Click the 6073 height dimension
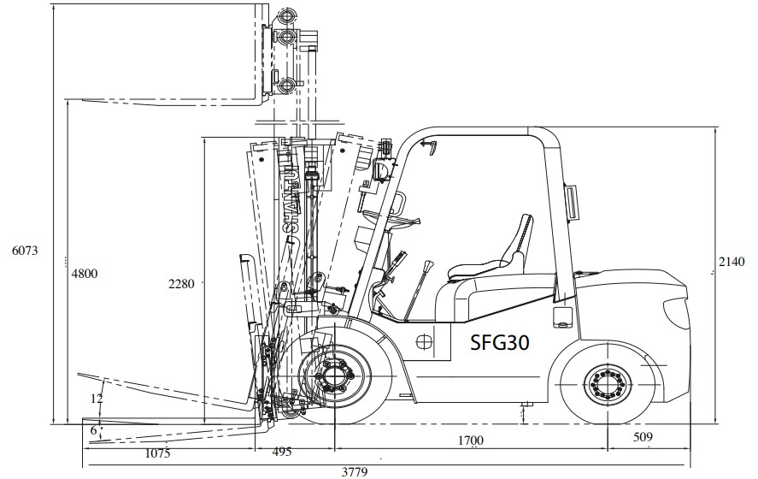click(x=25, y=251)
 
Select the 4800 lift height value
click(x=85, y=274)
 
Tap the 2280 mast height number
click(x=181, y=284)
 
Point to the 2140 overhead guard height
click(x=732, y=262)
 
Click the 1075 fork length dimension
click(x=157, y=453)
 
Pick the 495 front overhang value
click(x=282, y=452)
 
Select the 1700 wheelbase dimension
click(x=470, y=441)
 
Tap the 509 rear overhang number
click(x=643, y=437)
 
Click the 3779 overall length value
click(x=355, y=472)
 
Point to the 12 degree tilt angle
click(x=97, y=399)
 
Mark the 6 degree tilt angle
click(x=93, y=429)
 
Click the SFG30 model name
click(x=500, y=342)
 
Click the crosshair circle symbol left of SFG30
click(x=425, y=341)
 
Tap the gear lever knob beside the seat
click(x=427, y=267)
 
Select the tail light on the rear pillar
click(x=572, y=202)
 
